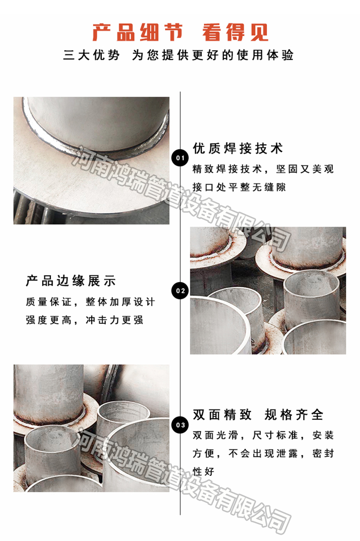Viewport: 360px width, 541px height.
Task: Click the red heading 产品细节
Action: click(138, 32)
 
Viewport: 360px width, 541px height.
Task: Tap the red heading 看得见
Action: click(235, 32)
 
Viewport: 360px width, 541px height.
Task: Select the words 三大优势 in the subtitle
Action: click(91, 55)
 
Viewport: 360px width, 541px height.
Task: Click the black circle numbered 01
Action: click(180, 158)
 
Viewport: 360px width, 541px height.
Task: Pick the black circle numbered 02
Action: click(180, 291)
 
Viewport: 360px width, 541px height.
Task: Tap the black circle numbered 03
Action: click(180, 425)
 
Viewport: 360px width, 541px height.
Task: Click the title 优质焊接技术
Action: click(238, 148)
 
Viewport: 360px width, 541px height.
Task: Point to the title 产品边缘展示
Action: click(71, 281)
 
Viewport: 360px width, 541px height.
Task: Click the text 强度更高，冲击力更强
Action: click(85, 320)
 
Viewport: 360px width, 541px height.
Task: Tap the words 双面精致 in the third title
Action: click(222, 415)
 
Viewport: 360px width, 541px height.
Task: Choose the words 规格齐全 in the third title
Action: click(294, 415)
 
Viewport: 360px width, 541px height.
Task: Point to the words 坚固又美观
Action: click(305, 169)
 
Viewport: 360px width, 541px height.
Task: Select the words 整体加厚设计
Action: click(120, 302)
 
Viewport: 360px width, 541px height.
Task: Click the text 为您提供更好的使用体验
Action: click(213, 55)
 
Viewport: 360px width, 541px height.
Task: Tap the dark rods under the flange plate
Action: click(31, 209)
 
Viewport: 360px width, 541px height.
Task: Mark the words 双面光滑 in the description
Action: click(215, 435)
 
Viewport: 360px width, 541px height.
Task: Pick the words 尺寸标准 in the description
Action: click(275, 435)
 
